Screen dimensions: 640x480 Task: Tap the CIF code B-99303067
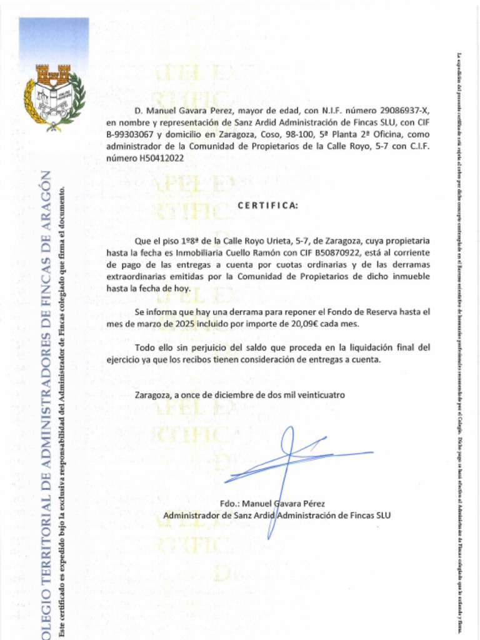pos(129,134)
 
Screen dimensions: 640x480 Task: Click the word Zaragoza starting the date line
pos(154,395)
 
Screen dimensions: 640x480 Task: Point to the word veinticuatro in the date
pos(320,395)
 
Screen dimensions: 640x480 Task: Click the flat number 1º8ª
pos(191,240)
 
